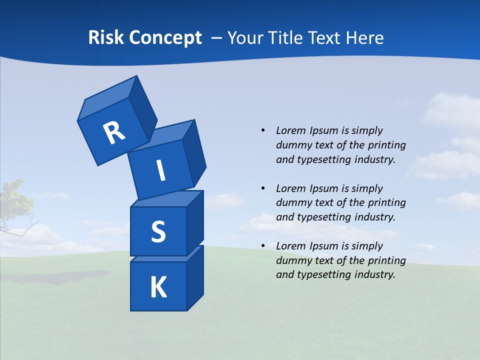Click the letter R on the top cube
(x=114, y=132)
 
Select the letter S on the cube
(x=158, y=232)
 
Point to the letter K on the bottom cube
(x=158, y=287)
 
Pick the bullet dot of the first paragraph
(x=263, y=130)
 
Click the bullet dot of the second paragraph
(x=263, y=188)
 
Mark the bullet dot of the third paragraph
(x=263, y=246)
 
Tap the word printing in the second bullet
(x=387, y=202)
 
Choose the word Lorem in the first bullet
(x=290, y=130)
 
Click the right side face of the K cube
(x=195, y=277)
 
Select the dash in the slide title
(x=217, y=38)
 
